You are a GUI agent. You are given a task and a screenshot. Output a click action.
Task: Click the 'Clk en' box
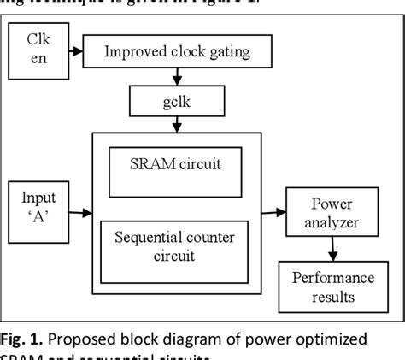tap(36, 51)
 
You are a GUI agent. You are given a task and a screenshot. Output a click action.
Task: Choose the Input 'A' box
tap(36, 208)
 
